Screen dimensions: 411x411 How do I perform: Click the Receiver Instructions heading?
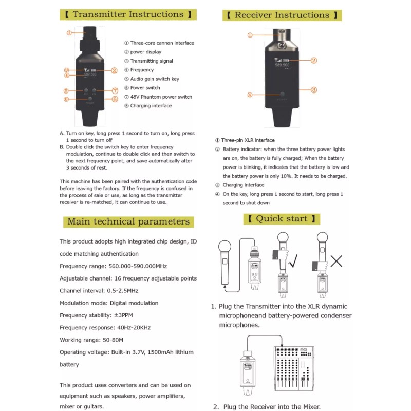point(282,15)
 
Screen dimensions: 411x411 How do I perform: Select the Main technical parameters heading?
point(128,222)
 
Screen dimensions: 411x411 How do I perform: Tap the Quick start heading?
point(282,219)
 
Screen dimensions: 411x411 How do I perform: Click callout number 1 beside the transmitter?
point(69,32)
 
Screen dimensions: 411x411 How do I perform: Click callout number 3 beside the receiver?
point(313,89)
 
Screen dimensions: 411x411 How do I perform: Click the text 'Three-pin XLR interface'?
point(248,140)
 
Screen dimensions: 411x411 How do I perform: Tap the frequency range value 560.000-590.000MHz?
point(136,266)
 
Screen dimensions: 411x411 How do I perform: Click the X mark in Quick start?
point(337,261)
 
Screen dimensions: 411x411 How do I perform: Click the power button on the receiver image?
point(282,95)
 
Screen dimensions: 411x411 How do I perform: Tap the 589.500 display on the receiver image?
point(282,65)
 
